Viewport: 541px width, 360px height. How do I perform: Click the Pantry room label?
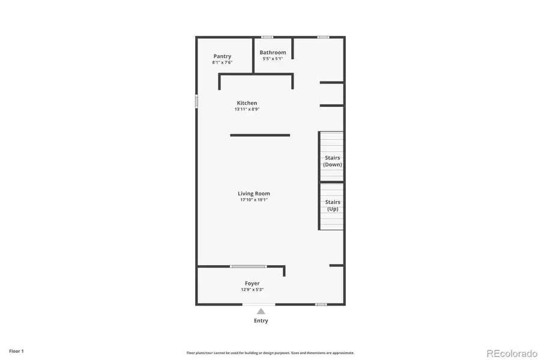[x=222, y=56]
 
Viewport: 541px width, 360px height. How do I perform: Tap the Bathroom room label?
[x=273, y=52]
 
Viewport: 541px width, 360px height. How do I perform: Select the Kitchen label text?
[x=247, y=103]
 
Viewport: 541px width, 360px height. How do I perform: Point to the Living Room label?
[x=253, y=193]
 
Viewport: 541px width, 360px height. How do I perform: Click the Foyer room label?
[x=252, y=283]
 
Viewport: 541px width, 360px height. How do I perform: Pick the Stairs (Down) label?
[x=333, y=161]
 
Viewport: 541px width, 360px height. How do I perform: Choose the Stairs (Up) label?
[x=333, y=205]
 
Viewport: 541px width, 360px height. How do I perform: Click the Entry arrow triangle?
[x=261, y=311]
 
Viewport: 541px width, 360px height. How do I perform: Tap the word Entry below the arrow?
[x=261, y=321]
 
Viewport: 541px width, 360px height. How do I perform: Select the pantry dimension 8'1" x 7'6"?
[x=222, y=62]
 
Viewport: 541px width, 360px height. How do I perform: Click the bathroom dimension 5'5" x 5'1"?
[x=273, y=59]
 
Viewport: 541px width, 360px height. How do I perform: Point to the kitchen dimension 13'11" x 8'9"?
[x=247, y=109]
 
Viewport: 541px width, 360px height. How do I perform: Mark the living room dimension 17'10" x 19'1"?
[x=253, y=200]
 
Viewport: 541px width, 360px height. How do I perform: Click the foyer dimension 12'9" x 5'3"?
[x=252, y=289]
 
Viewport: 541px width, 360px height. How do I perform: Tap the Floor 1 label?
[x=16, y=351]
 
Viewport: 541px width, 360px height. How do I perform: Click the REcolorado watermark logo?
[x=512, y=353]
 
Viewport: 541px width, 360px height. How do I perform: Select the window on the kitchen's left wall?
[x=196, y=101]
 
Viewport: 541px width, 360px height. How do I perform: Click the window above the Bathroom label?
[x=267, y=37]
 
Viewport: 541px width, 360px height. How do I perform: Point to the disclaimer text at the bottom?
[x=270, y=353]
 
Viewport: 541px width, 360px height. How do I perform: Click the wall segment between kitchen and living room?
[x=260, y=135]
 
